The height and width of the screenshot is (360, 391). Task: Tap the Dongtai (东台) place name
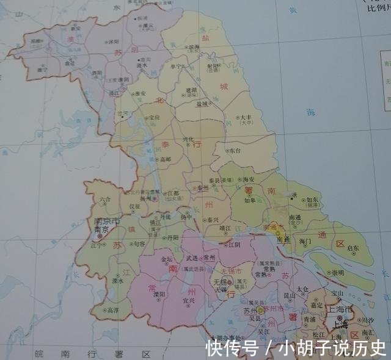click(x=236, y=149)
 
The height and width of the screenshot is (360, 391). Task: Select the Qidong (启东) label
click(x=353, y=248)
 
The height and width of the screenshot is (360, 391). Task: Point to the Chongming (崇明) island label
click(x=337, y=272)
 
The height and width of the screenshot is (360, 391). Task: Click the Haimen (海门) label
click(x=305, y=242)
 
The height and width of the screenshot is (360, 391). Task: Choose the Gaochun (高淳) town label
click(x=112, y=310)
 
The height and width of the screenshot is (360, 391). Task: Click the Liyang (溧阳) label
click(x=161, y=293)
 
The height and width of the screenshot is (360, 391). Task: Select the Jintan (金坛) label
click(x=166, y=259)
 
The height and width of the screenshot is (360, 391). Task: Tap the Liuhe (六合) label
click(x=105, y=199)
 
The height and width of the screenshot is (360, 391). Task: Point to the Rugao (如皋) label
click(x=249, y=200)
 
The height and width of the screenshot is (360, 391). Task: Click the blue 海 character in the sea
click(x=311, y=112)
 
